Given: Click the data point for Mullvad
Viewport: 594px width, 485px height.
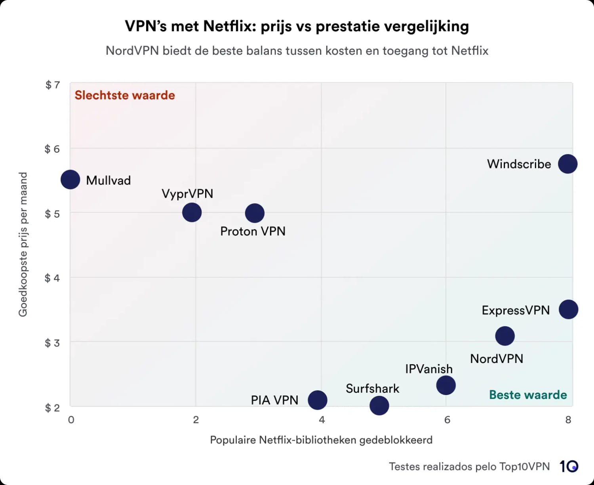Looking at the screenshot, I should [x=70, y=179].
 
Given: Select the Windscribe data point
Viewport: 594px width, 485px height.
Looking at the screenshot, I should [x=567, y=164].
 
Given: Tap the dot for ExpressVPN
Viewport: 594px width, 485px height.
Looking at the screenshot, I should [x=568, y=309].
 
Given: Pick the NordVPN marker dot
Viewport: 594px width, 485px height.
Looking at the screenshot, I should [x=505, y=336].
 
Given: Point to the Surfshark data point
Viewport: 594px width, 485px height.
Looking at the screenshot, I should [x=379, y=405].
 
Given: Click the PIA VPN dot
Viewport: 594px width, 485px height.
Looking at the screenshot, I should [x=318, y=400].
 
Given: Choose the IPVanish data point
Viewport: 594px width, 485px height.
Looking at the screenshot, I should [x=446, y=385].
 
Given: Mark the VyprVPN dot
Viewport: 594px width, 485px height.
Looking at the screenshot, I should [x=192, y=212].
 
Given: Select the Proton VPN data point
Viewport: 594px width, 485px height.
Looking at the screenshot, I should [x=255, y=213].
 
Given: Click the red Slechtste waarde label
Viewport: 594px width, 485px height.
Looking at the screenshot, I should [x=125, y=95].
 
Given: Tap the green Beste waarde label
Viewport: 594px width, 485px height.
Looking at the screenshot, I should [x=528, y=395].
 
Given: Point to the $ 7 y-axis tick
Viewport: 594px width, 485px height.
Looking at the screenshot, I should [x=52, y=85].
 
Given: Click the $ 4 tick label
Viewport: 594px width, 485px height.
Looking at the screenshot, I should [x=52, y=278].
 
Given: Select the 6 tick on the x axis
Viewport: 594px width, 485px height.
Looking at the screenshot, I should [x=447, y=420].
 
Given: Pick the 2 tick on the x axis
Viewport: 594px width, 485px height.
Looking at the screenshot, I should [x=196, y=420].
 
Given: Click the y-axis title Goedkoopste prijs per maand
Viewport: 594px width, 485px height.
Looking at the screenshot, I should [x=23, y=244].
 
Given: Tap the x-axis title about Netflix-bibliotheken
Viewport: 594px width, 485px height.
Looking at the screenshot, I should [x=321, y=440].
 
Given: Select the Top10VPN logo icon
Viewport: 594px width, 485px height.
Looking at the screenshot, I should [x=569, y=466].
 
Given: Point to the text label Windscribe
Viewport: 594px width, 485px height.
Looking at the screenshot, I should [x=519, y=164].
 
